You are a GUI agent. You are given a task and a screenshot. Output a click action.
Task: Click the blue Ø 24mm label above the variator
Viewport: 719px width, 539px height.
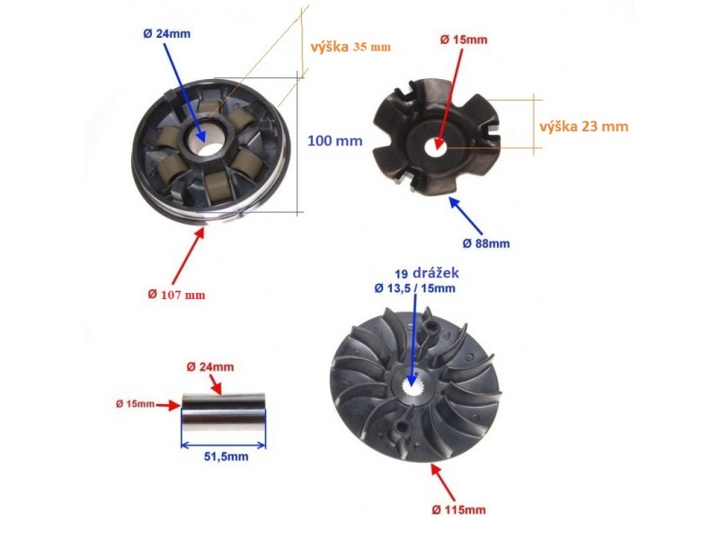coord(166,34)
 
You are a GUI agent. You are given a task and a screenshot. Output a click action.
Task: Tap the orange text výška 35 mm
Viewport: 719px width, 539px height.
coord(351,48)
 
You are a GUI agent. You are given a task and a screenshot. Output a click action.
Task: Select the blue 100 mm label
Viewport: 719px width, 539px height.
coord(334,141)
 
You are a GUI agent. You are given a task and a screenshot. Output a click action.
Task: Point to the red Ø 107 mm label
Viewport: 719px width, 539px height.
coord(176,295)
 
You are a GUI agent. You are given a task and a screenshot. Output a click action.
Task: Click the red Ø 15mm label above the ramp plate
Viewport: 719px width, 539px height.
coord(464,40)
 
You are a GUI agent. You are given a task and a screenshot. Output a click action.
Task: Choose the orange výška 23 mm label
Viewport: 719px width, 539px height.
coord(583,127)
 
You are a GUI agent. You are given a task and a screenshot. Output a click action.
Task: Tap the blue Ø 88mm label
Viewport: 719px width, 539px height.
coord(486,243)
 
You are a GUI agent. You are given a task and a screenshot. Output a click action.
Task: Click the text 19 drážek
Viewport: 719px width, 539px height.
coord(427,273)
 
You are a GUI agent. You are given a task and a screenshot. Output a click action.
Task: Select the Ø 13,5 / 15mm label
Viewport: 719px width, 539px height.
coord(414,288)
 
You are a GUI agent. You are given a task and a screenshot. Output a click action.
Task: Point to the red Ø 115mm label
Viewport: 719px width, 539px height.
coord(458,509)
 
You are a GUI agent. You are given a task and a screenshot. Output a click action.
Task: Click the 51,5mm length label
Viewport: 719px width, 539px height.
coord(226,456)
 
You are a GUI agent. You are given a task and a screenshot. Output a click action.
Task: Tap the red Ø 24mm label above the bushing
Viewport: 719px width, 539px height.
coord(210,367)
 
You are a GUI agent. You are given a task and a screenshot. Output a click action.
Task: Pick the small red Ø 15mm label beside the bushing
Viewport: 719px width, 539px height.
coord(136,403)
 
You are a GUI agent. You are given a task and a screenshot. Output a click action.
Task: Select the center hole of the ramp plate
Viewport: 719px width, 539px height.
coord(437,146)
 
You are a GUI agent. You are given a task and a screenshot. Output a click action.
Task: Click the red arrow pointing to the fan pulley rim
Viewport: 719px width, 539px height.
coord(443,482)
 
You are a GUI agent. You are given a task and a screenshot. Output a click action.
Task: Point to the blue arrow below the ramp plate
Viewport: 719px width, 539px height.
coord(466,216)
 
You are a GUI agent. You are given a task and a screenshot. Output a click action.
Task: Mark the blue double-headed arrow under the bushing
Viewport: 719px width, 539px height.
coord(223,445)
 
